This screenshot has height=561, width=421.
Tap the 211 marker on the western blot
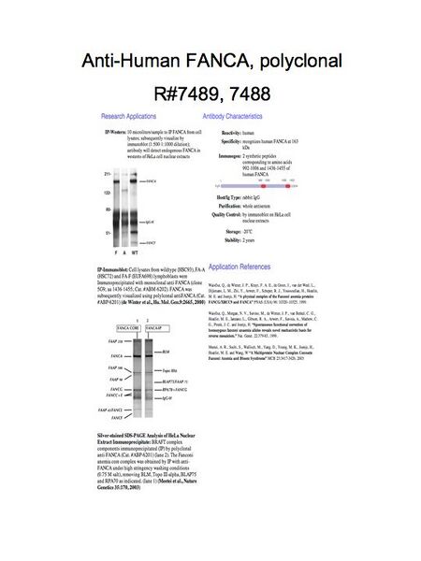pos(107,174)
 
